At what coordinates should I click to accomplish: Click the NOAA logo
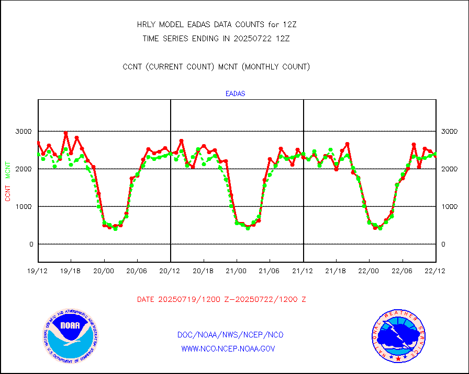click(70, 335)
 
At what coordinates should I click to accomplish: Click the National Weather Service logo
click(398, 335)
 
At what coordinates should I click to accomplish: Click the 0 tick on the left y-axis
click(31, 244)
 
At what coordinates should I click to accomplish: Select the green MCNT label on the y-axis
click(8, 167)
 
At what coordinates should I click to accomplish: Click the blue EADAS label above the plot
click(235, 94)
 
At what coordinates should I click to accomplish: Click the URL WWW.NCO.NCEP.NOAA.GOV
click(228, 348)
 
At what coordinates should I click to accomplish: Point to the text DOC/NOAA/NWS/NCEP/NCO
click(230, 335)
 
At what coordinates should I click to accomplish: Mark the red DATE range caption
click(221, 300)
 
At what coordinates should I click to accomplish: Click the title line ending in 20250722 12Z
click(216, 38)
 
